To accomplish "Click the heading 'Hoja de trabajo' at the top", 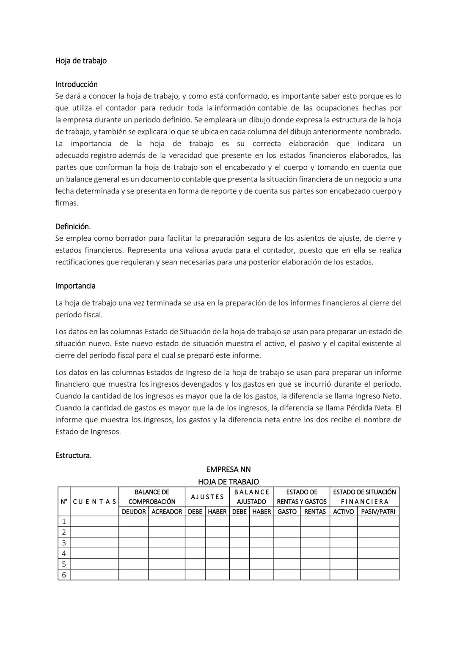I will pos(81,60).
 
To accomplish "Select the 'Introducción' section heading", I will pos(76,84).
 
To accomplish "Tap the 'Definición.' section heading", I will pos(73,226).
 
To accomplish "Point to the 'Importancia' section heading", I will pos(75,286).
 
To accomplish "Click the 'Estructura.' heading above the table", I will pos(73,455).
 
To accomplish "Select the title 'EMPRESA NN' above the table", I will pos(228,469).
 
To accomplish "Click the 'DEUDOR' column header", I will pos(134,511).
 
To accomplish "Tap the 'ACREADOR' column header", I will pos(167,511).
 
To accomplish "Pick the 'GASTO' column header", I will pos(287,511).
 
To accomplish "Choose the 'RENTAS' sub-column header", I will pos(315,511).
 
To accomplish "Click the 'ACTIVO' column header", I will pos(343,511).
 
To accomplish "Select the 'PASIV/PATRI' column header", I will pos(378,511).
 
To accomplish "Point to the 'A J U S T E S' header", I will pos(207,497).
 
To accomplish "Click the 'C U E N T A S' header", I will pos(94,502).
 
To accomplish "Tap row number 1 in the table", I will pos(64,521).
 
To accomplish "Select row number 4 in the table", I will pos(64,553).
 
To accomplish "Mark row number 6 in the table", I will pos(64,575).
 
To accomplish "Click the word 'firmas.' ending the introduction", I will pos(67,203).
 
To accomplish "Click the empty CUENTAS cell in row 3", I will pos(94,543).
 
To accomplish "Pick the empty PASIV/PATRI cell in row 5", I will pos(378,564).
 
